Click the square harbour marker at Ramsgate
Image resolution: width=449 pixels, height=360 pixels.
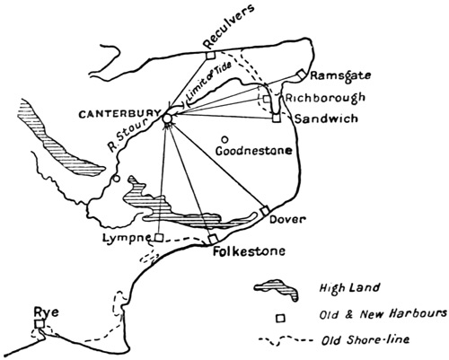coord(303,77)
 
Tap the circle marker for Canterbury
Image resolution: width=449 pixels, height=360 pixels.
coord(168,118)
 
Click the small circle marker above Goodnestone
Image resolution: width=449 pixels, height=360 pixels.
coord(224,138)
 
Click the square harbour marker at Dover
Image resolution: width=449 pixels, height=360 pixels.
coord(263,209)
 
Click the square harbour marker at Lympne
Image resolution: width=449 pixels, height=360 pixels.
coord(158,237)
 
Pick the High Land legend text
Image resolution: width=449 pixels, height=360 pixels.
coord(341,288)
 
